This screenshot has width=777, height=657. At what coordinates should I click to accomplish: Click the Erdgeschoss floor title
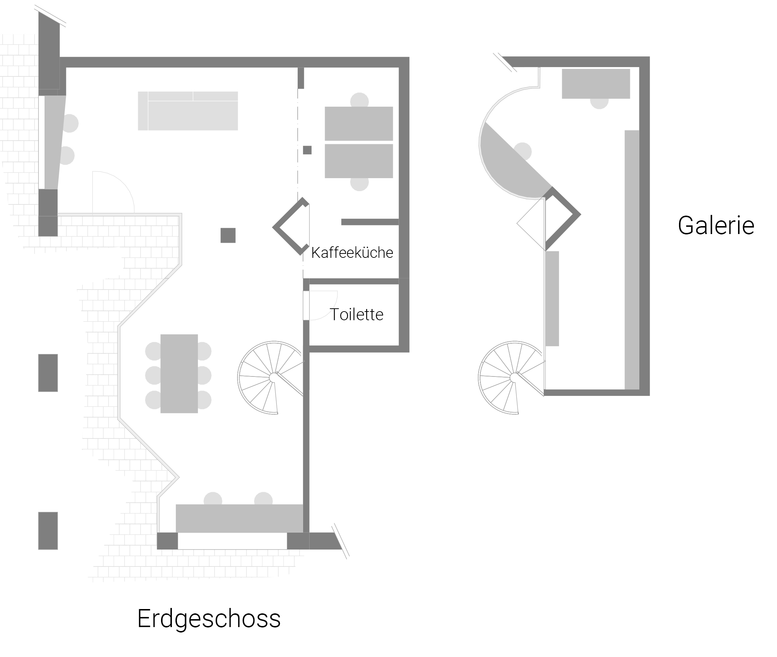(x=209, y=619)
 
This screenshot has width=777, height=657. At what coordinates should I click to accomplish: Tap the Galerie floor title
(x=716, y=225)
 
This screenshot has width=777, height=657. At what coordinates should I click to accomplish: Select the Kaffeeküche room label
(x=352, y=253)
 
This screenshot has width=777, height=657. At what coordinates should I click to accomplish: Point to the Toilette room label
(x=356, y=315)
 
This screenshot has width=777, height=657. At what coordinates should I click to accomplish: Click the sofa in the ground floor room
(x=188, y=111)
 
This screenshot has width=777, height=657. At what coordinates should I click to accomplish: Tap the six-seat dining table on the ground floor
(x=179, y=374)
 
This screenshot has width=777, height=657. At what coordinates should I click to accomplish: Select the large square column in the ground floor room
(x=228, y=235)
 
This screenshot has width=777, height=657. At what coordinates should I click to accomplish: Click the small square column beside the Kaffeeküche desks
(x=307, y=150)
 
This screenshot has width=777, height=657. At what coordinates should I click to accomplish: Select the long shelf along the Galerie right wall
(x=632, y=260)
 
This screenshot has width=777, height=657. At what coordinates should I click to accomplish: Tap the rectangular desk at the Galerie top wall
(x=596, y=83)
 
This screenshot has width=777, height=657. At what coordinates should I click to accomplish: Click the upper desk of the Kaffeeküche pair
(x=359, y=124)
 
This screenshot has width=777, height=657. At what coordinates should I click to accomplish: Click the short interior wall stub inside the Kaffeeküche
(x=370, y=222)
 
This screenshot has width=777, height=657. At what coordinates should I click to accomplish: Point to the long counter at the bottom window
(x=239, y=518)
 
